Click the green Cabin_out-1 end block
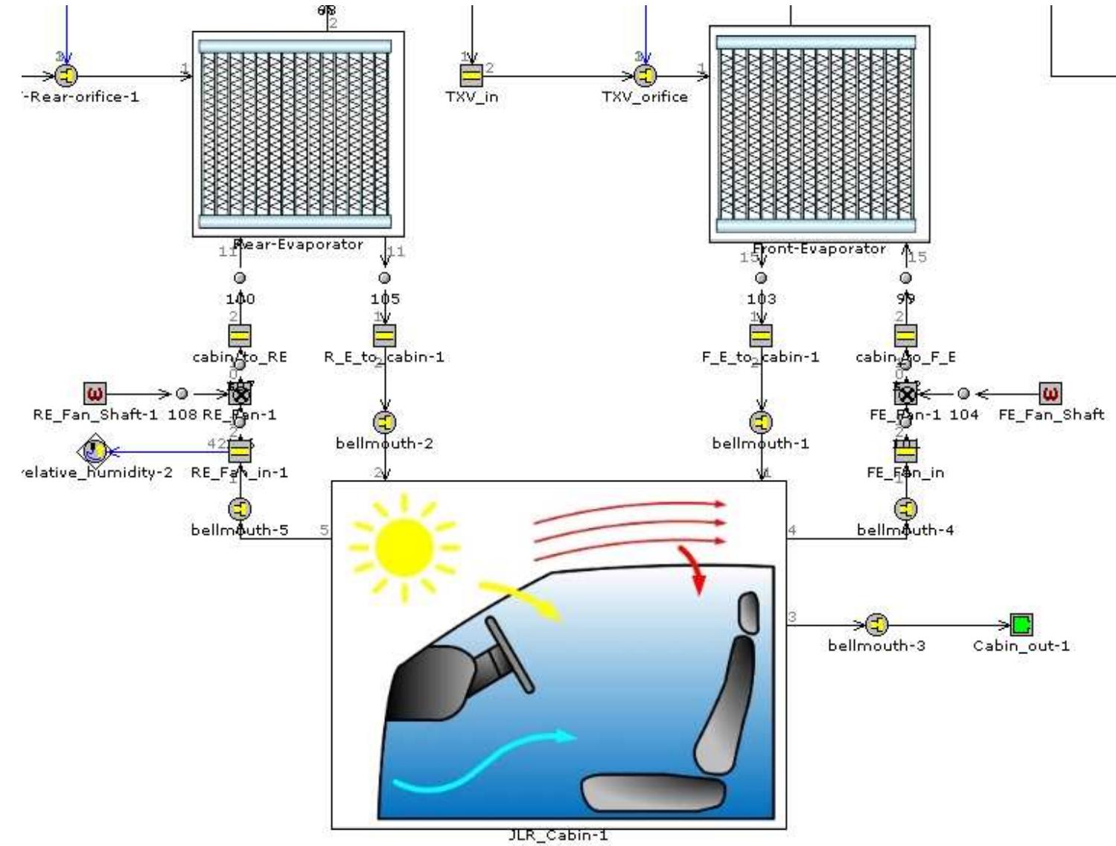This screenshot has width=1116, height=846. [x=1021, y=624]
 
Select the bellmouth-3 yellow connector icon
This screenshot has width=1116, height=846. [x=877, y=624]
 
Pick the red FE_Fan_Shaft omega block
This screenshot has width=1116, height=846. [x=1050, y=392]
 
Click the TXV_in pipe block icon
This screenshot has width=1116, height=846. [x=471, y=75]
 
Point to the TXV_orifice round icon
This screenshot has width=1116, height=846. [x=645, y=75]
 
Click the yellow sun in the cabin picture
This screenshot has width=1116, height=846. [x=404, y=548]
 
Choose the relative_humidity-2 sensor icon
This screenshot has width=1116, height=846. [x=94, y=450]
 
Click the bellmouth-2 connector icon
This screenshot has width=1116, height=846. [x=385, y=422]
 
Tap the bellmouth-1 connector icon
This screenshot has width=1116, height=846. [x=760, y=422]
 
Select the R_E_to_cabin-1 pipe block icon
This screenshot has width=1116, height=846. [x=384, y=336]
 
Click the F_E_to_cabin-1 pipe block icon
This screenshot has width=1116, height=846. [x=760, y=336]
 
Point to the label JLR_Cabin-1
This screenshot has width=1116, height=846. [x=558, y=836]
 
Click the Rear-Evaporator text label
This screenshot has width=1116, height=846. [x=299, y=244]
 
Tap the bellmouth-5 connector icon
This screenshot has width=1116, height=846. [x=240, y=509]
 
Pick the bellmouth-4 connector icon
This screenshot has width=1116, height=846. [x=905, y=509]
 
